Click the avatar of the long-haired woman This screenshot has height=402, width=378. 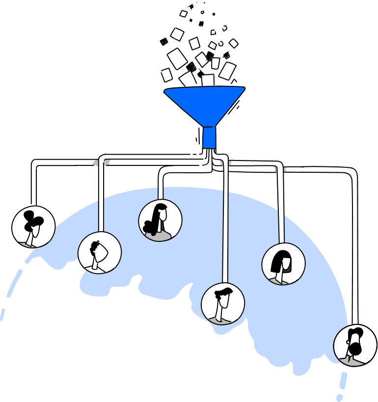160,220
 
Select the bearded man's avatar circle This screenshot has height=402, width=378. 355,345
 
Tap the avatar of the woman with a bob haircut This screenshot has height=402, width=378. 283,264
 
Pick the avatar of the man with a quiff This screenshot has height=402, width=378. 223,303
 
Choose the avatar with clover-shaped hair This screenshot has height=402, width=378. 33,227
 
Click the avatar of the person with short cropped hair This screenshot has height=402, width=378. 100,253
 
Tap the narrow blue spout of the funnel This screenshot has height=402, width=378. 210,137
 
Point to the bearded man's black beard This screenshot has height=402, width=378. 355,348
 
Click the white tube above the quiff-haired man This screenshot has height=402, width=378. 226,236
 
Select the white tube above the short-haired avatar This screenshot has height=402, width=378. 102,214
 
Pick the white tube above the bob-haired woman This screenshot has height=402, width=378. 281,226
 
